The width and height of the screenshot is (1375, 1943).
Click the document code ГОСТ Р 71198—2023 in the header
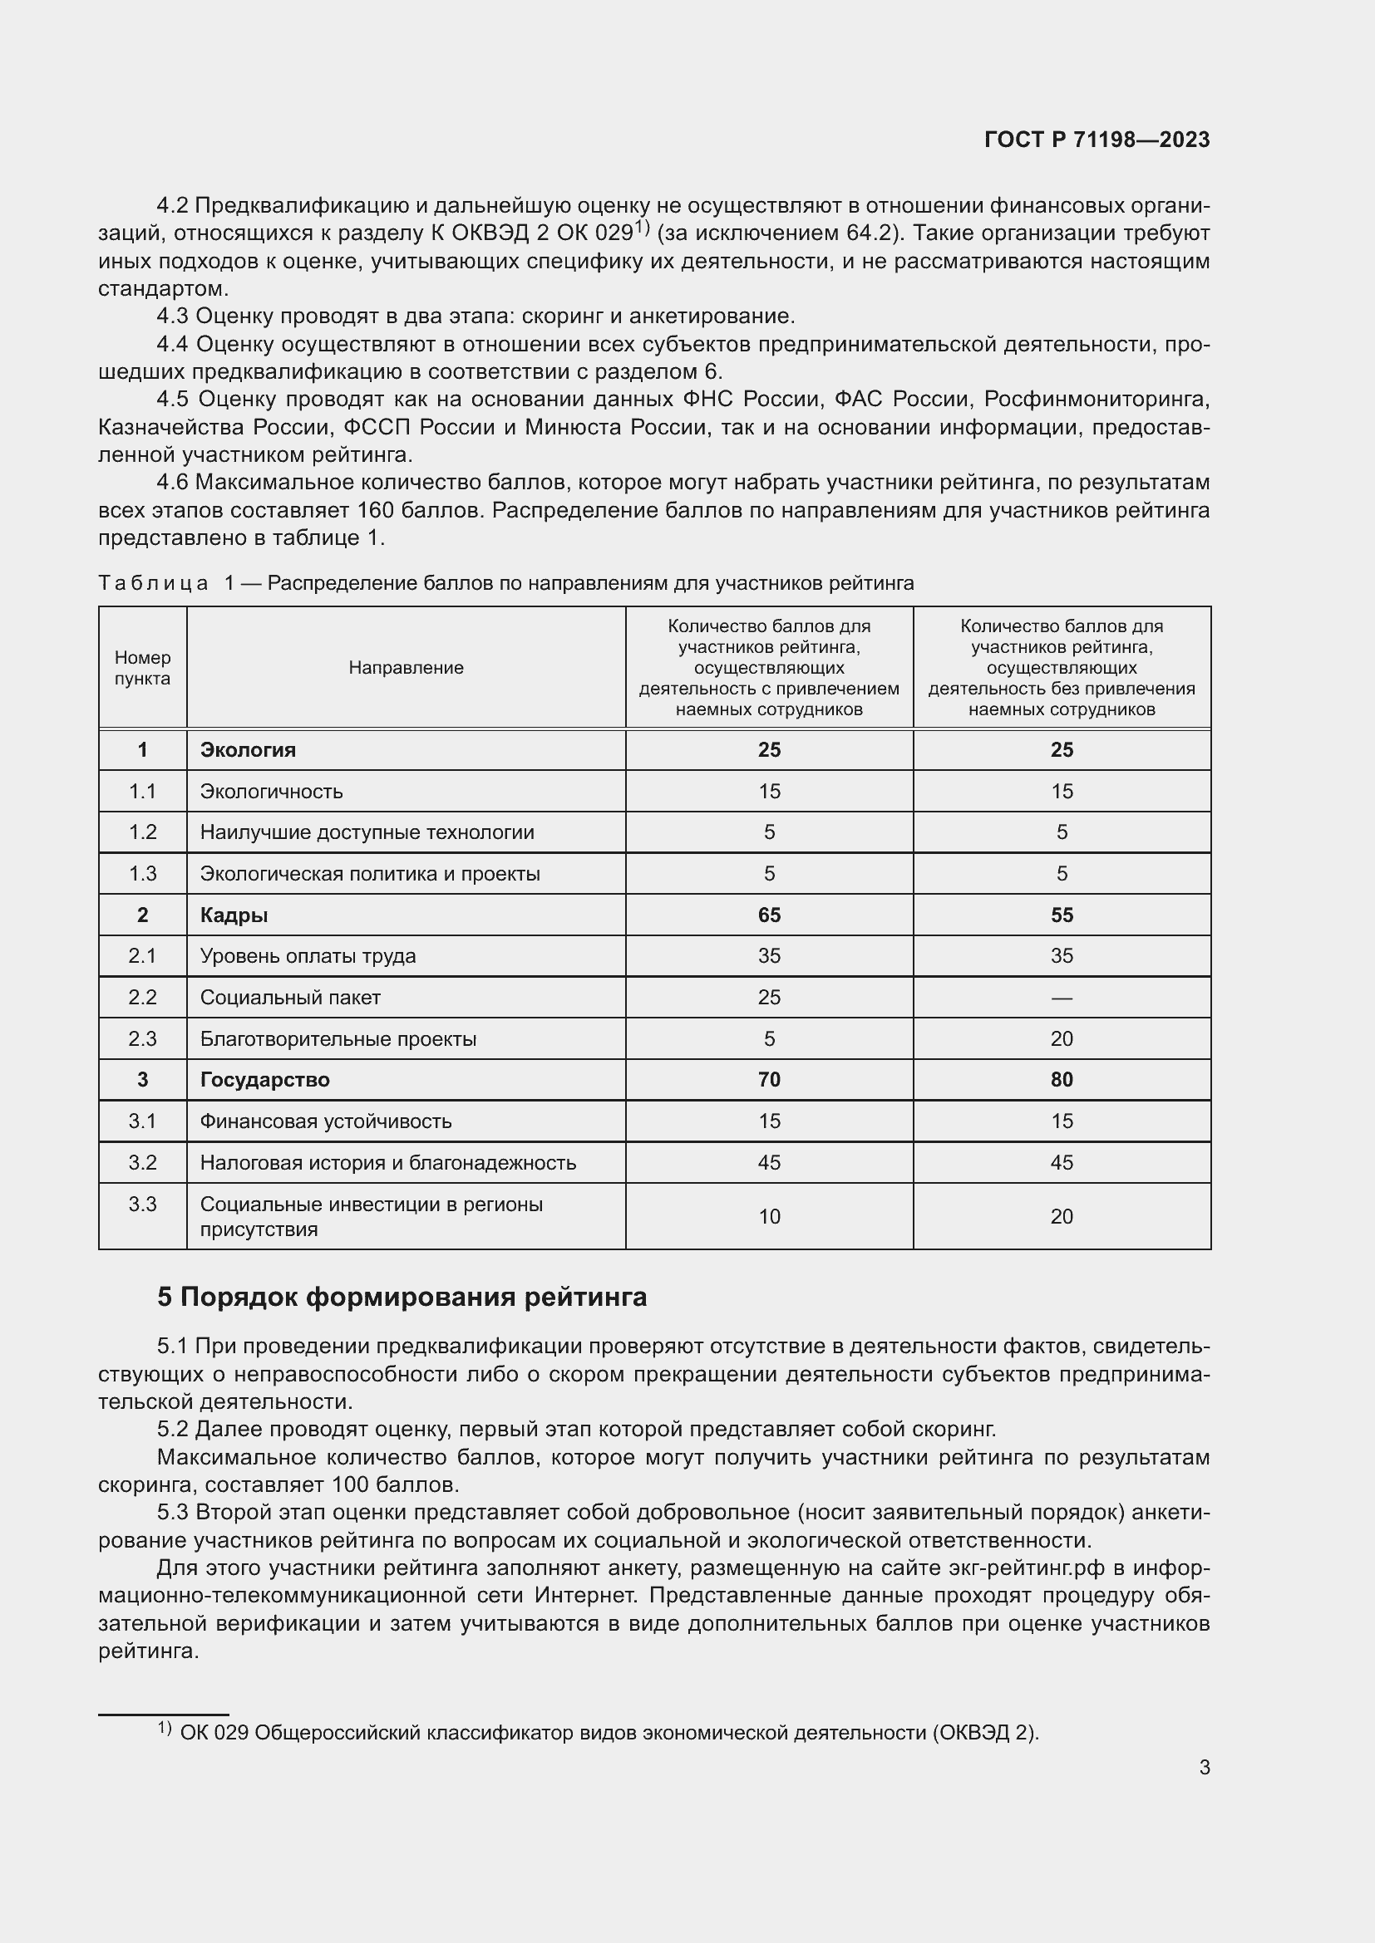pos(1097,140)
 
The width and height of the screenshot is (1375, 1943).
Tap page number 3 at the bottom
pos(1204,1767)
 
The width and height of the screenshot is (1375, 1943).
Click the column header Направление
pos(406,668)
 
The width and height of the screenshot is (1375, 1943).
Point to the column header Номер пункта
pos(142,668)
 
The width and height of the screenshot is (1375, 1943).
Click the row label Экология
pos(247,750)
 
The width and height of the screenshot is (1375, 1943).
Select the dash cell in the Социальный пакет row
pos(1061,998)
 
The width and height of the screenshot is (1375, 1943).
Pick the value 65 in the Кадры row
pos(769,915)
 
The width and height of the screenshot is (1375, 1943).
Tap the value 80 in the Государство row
pos(1061,1080)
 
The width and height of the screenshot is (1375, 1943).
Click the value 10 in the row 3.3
pos(769,1217)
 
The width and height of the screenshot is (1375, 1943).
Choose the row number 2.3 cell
pos(142,1039)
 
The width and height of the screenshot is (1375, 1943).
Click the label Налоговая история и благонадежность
pos(387,1163)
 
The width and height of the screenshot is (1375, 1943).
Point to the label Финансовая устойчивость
pos(326,1121)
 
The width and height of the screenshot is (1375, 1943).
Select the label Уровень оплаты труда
pos(308,956)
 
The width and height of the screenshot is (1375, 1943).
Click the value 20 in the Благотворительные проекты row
pos(1061,1039)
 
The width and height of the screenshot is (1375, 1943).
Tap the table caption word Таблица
pos(153,583)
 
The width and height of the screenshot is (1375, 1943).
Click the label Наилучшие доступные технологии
pos(367,832)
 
